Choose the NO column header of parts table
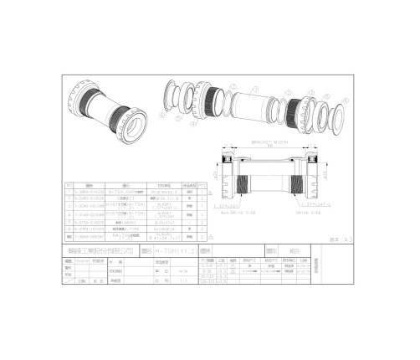click(69, 186)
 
